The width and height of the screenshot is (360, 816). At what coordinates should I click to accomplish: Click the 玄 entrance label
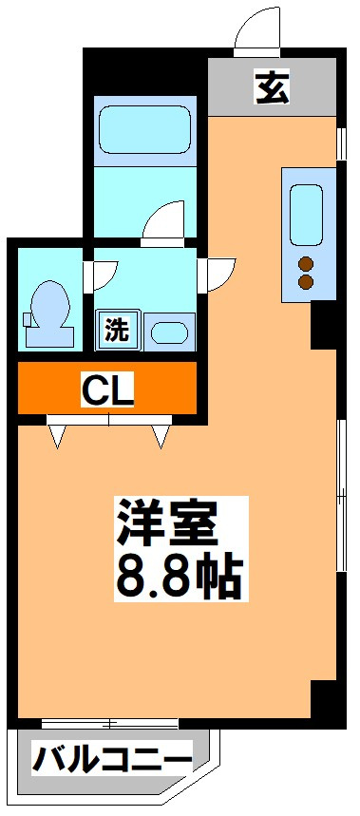point(273,86)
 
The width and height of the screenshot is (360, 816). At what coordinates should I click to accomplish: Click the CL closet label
point(106,389)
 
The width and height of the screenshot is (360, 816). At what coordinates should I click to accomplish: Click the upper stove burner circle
point(307,264)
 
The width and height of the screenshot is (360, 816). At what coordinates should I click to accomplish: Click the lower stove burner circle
point(307,282)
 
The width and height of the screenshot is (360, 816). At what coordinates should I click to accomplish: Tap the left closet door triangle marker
point(58,437)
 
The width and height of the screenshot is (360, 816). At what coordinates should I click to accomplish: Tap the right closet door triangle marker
point(160,437)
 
